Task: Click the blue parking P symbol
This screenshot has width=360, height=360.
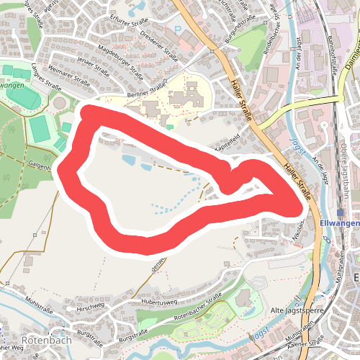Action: pos(179,30)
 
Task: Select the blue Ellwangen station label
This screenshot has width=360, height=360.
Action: pos(338,223)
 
